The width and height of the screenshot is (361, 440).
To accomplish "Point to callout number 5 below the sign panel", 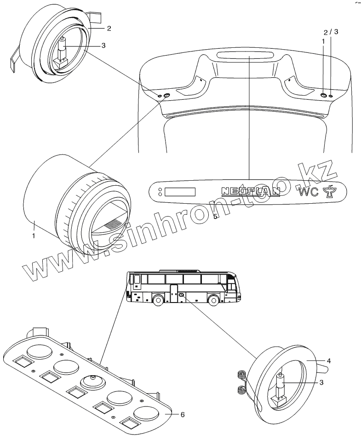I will (x=215, y=217).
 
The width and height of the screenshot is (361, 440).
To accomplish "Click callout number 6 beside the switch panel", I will (x=183, y=415).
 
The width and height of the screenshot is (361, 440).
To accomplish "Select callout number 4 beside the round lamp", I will (x=329, y=361).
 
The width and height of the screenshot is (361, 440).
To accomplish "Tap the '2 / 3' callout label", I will (x=331, y=32).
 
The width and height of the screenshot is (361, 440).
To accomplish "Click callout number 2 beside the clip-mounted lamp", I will (x=109, y=29).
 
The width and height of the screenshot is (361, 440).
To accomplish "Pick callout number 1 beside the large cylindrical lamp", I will (x=34, y=235).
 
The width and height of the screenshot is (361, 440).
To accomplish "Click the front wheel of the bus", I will (x=213, y=301).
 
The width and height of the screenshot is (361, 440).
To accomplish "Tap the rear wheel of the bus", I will (x=158, y=301).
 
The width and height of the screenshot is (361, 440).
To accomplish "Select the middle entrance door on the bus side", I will (x=173, y=294).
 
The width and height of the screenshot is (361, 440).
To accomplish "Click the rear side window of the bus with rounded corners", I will (x=137, y=280).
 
